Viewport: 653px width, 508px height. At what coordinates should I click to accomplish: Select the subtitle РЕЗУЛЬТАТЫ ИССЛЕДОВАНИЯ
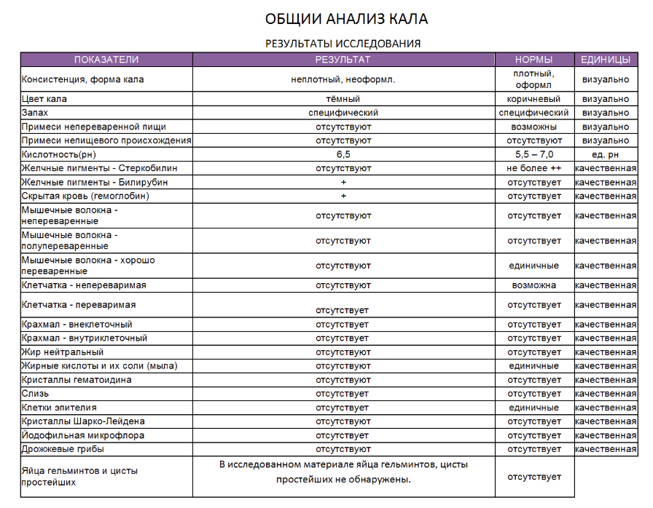(x=342, y=44)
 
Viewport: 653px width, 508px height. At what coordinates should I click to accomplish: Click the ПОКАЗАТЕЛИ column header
(x=106, y=60)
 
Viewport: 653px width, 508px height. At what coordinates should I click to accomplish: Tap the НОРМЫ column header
(x=533, y=60)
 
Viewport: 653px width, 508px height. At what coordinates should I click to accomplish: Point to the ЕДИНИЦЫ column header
(x=606, y=60)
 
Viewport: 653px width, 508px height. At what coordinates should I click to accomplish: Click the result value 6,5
(x=343, y=154)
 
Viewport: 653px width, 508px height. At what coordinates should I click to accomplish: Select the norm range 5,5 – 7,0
(x=533, y=154)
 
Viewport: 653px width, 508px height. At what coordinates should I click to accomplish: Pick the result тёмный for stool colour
(x=343, y=99)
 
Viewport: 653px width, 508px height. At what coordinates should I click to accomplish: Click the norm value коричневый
(x=533, y=99)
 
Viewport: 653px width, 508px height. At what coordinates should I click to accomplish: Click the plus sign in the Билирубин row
(x=343, y=182)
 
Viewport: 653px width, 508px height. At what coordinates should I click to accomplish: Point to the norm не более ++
(x=533, y=168)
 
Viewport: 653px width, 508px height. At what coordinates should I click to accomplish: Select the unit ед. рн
(x=606, y=154)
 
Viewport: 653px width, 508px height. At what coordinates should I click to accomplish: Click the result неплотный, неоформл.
(x=343, y=79)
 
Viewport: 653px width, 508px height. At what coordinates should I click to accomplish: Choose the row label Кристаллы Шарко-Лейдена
(x=83, y=421)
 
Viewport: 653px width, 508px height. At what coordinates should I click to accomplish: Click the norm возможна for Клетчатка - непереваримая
(x=533, y=285)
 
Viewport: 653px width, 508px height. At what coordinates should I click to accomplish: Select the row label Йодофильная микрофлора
(x=83, y=435)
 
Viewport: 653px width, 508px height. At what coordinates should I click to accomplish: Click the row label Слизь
(x=36, y=394)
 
